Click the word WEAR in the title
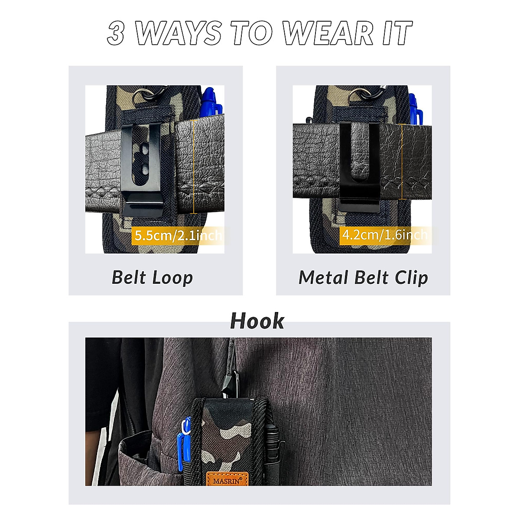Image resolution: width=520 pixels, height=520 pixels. pos(328,33)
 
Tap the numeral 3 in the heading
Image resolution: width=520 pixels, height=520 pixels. pos(116,33)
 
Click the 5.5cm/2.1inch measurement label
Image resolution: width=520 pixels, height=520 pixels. pos(178,235)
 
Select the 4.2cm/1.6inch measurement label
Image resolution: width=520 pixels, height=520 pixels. pos(385,234)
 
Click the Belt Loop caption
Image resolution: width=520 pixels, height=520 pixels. pos(152,277)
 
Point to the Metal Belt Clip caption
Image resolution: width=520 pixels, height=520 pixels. pos(363,277)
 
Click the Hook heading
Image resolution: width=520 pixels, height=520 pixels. pos(257,321)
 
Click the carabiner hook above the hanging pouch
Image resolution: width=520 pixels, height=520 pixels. pos(229,383)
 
